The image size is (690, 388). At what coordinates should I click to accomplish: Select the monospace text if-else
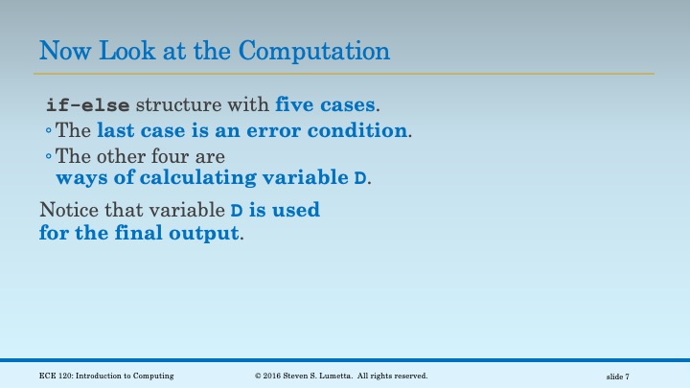click(x=86, y=104)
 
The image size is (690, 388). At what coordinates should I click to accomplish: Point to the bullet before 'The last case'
click(x=49, y=130)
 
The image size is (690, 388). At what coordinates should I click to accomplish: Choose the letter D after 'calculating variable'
click(x=360, y=179)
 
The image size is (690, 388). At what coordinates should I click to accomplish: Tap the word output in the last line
click(x=206, y=233)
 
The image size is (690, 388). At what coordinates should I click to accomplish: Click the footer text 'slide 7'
click(x=617, y=377)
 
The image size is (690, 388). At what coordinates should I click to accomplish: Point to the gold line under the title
click(x=345, y=73)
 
